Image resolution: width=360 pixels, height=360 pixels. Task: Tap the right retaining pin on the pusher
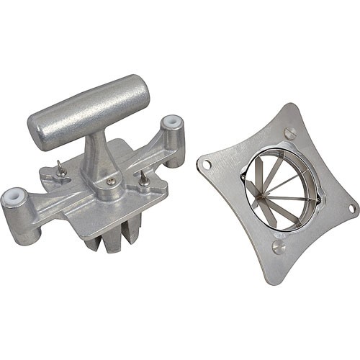coord(143,178)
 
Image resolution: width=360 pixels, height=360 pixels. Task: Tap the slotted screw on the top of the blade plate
coord(289,132)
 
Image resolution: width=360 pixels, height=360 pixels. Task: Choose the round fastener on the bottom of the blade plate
coord(278,247)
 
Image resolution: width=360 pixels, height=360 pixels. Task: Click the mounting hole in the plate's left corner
coord(207,164)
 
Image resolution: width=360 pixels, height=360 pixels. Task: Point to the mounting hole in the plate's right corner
coord(352,209)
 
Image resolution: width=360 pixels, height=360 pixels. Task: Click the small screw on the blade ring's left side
coord(244,178)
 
